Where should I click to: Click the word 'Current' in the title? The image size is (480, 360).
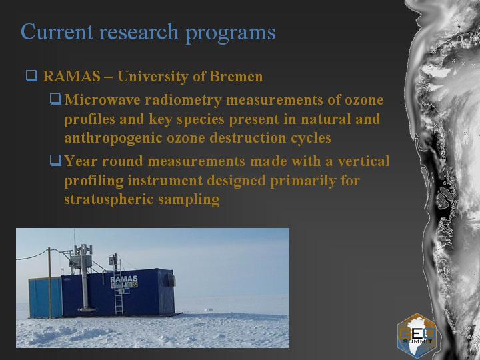pyautogui.click(x=57, y=31)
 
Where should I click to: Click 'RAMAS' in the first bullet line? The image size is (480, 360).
pyautogui.click(x=71, y=76)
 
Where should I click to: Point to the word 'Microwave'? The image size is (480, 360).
pyautogui.click(x=103, y=100)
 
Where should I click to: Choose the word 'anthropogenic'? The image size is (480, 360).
pyautogui.click(x=113, y=139)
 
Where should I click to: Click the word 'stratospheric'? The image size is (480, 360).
pyautogui.click(x=109, y=199)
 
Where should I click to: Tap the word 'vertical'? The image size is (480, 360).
pyautogui.click(x=364, y=161)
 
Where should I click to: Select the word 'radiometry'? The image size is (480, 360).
pyautogui.click(x=183, y=101)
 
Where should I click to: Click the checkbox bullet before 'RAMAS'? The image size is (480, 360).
pyautogui.click(x=31, y=75)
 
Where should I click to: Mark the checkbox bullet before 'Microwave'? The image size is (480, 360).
pyautogui.click(x=56, y=99)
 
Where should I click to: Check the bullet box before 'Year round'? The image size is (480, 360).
pyautogui.click(x=56, y=161)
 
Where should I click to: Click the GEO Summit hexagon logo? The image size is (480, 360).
pyautogui.click(x=417, y=336)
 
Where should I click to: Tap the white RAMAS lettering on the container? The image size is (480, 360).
pyautogui.click(x=124, y=279)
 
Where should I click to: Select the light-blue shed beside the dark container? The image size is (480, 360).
pyautogui.click(x=45, y=297)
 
